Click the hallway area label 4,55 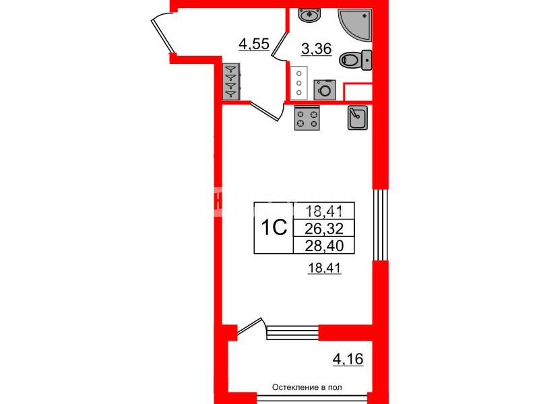pyautogui.click(x=254, y=44)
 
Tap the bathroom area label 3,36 pyautogui.click(x=316, y=48)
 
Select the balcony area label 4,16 pyautogui.click(x=348, y=360)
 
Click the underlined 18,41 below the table pyautogui.click(x=324, y=267)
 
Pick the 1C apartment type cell pyautogui.click(x=274, y=228)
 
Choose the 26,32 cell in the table pyautogui.click(x=324, y=228)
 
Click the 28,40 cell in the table pyautogui.click(x=324, y=245)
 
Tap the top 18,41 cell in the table pyautogui.click(x=324, y=211)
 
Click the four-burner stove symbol pyautogui.click(x=307, y=119)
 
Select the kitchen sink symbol pyautogui.click(x=358, y=117)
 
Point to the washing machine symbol pyautogui.click(x=325, y=90)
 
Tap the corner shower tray pyautogui.click(x=356, y=25)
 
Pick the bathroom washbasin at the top pyautogui.click(x=310, y=15)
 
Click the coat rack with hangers pyautogui.click(x=231, y=81)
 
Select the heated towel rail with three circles pyautogui.click(x=298, y=83)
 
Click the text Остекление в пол pyautogui.click(x=307, y=388)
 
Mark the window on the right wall pyautogui.click(x=381, y=225)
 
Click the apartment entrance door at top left pyautogui.click(x=162, y=33)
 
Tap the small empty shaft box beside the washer pyautogui.click(x=358, y=92)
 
